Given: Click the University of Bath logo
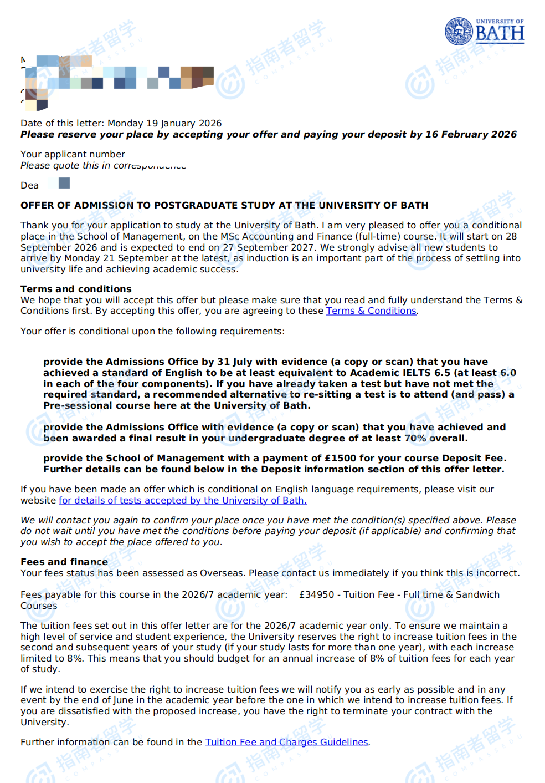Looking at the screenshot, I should [484, 31].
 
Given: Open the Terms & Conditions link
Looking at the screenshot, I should [371, 311].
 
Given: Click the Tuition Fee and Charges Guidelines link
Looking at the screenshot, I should [286, 742].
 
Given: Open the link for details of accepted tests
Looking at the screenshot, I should [182, 500].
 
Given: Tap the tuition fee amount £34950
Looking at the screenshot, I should [316, 594].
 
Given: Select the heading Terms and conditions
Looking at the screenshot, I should [76, 289].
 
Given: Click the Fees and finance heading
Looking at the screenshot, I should [64, 562].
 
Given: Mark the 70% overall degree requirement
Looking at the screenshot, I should [416, 438].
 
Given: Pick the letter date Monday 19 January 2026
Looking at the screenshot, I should [164, 123].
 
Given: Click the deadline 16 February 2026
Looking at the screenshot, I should [471, 134].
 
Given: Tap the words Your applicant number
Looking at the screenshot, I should [73, 154].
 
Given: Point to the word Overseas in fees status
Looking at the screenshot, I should [221, 573].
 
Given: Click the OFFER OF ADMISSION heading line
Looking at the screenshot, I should [224, 205].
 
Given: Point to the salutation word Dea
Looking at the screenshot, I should [29, 185].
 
